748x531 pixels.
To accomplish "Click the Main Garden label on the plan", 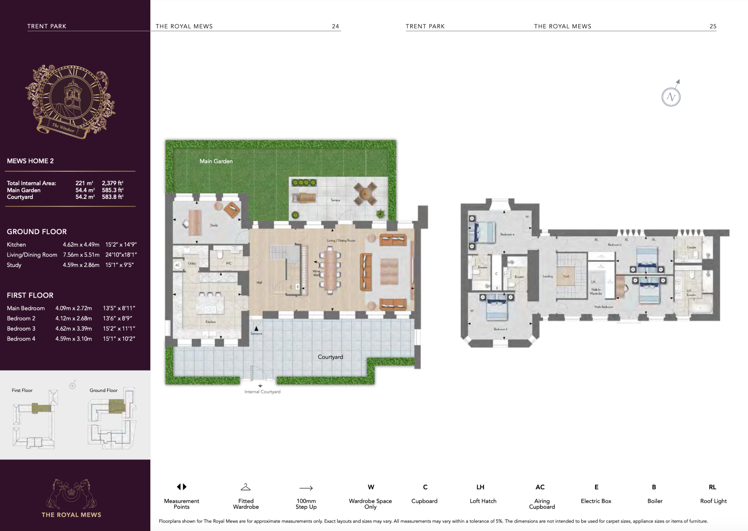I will point(216,161).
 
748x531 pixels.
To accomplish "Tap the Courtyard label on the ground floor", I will point(330,357).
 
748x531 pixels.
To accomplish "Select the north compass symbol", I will point(671,97).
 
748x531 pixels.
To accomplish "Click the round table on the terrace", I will point(365,193).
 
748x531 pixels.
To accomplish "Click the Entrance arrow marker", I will point(256,329).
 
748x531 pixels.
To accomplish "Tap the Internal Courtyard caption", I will point(262,392).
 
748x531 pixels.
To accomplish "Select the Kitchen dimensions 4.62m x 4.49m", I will point(81,244).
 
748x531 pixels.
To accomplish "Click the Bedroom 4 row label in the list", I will point(21,339).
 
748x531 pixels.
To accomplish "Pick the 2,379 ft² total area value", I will point(112,183).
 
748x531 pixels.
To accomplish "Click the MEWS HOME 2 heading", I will point(30,161).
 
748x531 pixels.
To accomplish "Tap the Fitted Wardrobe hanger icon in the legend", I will point(246,487).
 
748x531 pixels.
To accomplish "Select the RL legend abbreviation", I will point(712,487).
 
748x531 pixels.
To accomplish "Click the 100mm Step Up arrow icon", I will point(306,488).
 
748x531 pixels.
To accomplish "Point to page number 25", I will point(713,26).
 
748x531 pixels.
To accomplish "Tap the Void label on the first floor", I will point(566,276).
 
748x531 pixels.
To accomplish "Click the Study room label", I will point(214,225).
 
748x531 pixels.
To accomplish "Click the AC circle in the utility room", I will point(178,265).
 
